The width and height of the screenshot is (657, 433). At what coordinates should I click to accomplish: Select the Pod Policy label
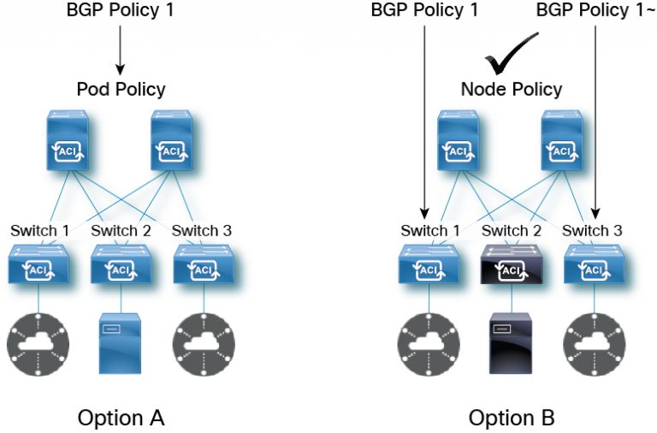[x=121, y=89]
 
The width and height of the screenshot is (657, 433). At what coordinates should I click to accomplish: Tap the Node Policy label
[x=512, y=89]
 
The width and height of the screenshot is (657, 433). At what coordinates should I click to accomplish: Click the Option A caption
[x=121, y=418]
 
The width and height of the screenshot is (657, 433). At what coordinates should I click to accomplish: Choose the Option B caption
[x=512, y=418]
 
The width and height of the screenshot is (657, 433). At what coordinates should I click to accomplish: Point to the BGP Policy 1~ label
[x=595, y=11]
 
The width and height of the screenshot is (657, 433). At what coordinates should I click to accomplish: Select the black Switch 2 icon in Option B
[x=510, y=265]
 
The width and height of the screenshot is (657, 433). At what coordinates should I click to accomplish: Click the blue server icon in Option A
[x=120, y=343]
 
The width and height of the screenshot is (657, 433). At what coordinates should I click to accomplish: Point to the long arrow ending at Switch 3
[x=595, y=120]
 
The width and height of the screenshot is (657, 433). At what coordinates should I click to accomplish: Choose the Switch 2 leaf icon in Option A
[x=120, y=265]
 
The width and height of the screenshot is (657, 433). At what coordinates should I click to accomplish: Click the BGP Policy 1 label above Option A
[x=121, y=11]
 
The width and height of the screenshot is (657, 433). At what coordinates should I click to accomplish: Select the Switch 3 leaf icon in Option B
[x=593, y=265]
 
